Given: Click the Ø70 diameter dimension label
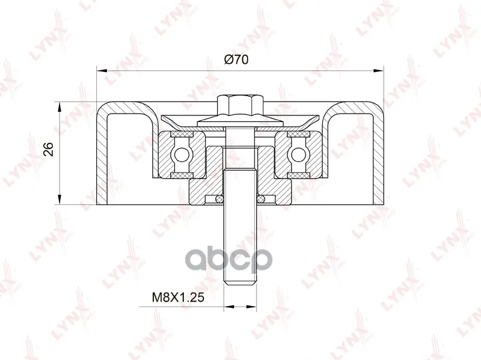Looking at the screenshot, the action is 236,59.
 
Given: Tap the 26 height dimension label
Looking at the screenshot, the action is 49,149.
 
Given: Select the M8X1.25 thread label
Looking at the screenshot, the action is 178,297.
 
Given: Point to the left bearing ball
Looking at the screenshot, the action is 182,154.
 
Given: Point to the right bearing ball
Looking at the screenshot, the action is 298,154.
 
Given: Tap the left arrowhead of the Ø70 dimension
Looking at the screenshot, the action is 102,70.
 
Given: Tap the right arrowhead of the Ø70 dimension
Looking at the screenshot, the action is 379,70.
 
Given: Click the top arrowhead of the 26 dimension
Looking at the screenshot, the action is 60,108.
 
